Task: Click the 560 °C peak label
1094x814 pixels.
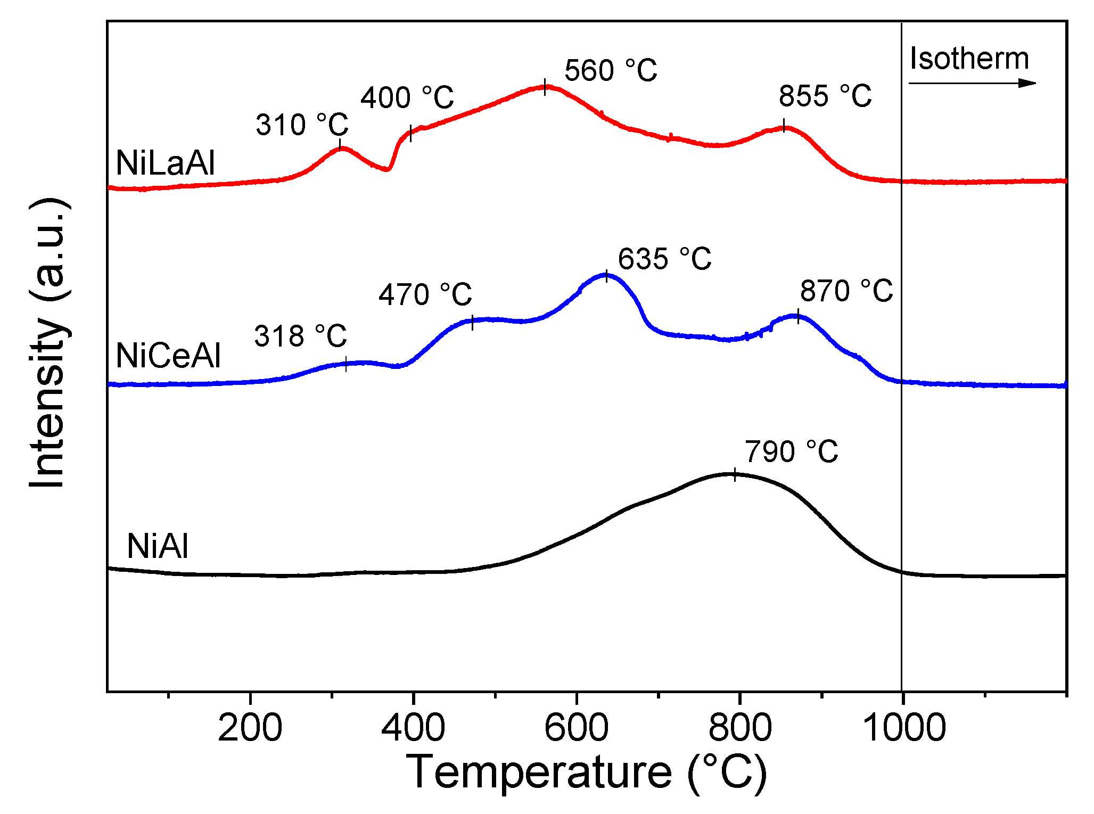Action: click(611, 70)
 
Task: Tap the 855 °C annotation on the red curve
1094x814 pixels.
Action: click(825, 96)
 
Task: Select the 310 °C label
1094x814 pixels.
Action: click(302, 125)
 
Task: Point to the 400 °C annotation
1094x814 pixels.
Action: click(407, 98)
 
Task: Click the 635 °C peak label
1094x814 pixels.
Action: click(664, 259)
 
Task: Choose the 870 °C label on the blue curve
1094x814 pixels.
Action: click(846, 291)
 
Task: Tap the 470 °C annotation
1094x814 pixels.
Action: click(425, 294)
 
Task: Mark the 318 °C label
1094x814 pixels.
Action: click(300, 336)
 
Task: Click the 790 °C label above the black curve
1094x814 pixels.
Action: click(791, 452)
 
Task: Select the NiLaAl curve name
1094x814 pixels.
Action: click(166, 163)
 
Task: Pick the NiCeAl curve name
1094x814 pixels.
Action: click(168, 356)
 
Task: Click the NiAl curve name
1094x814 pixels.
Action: click(158, 546)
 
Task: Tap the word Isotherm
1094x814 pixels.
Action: click(969, 59)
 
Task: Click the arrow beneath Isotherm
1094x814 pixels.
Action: click(972, 83)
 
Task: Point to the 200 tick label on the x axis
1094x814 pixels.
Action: click(250, 728)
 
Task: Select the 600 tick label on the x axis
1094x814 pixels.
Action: click(576, 728)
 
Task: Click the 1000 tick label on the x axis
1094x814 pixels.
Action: click(903, 728)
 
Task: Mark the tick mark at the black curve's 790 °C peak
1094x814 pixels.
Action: click(735, 474)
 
